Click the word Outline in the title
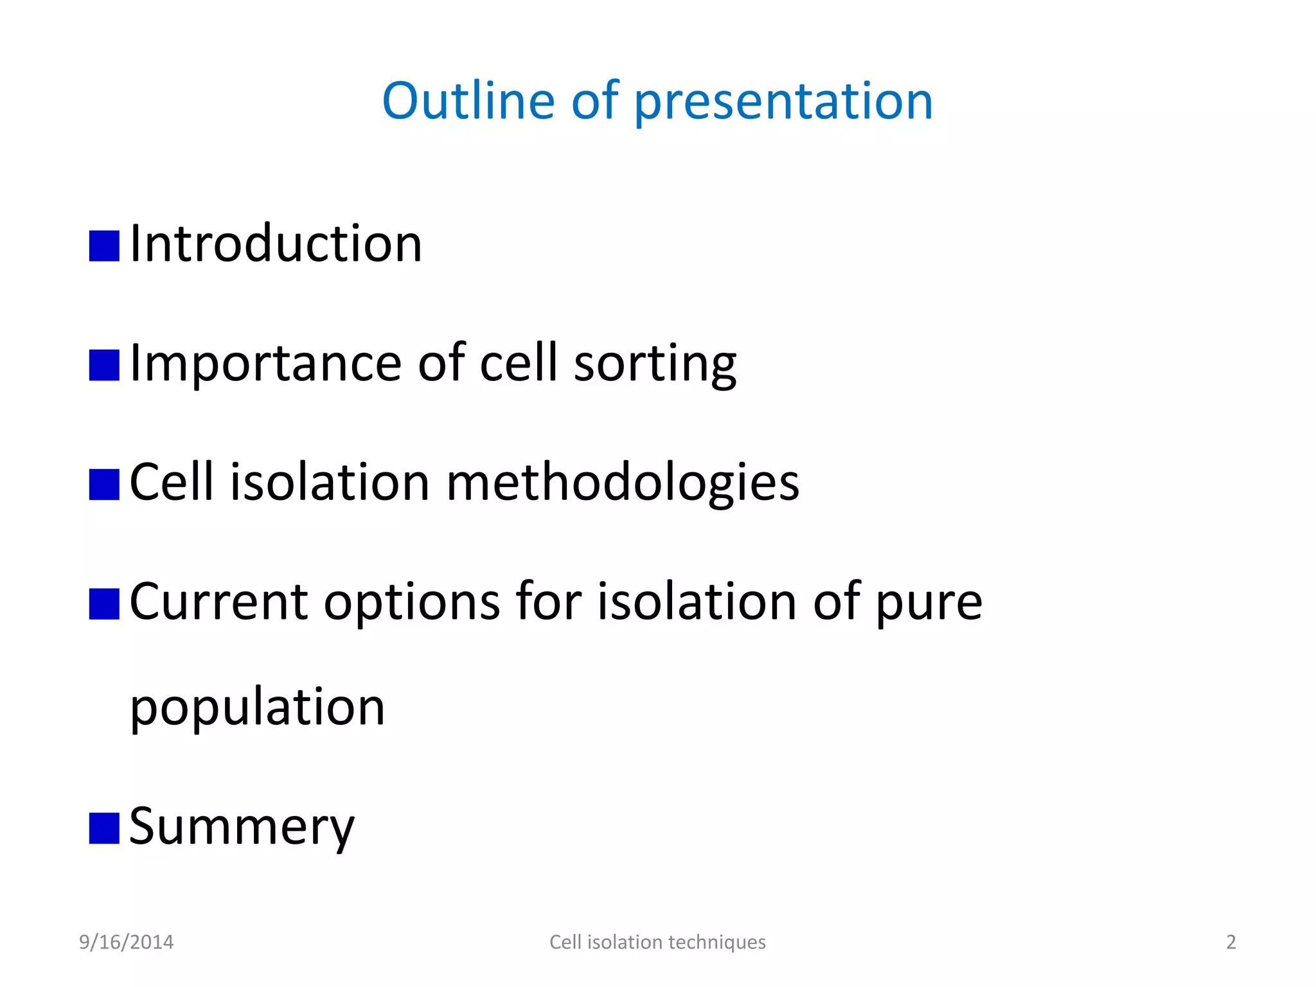468,101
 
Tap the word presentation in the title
783,103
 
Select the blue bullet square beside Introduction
104,246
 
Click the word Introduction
276,244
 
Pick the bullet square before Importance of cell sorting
104,365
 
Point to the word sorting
655,365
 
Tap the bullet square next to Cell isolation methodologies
104,485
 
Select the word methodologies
622,483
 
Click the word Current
218,603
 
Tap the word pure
929,604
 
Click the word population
257,708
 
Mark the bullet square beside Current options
104,604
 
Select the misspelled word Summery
242,828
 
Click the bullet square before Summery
104,828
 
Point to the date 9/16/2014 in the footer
126,942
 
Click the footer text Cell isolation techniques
657,942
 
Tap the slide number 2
1231,942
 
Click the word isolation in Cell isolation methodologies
330,483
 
